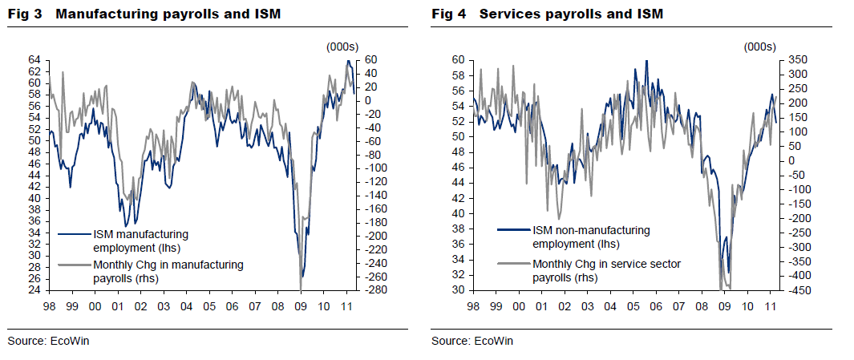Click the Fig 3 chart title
[x=144, y=14]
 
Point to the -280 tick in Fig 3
[x=374, y=290]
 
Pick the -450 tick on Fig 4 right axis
[x=795, y=290]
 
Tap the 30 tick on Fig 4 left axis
[x=457, y=290]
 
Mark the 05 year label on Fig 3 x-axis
[x=209, y=307]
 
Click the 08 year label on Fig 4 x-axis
[x=702, y=307]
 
